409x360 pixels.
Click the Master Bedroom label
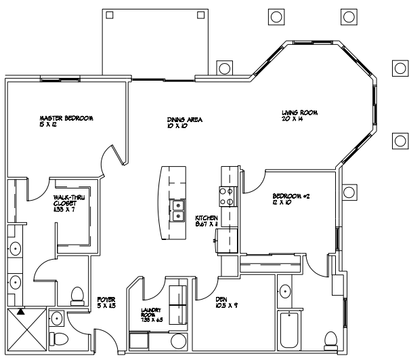(x=66, y=121)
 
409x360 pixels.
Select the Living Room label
(x=300, y=115)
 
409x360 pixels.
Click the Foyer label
(x=105, y=301)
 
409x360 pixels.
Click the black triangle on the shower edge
(x=21, y=312)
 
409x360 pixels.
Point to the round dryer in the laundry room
(x=179, y=340)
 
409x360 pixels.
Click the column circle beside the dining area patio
(x=223, y=68)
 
